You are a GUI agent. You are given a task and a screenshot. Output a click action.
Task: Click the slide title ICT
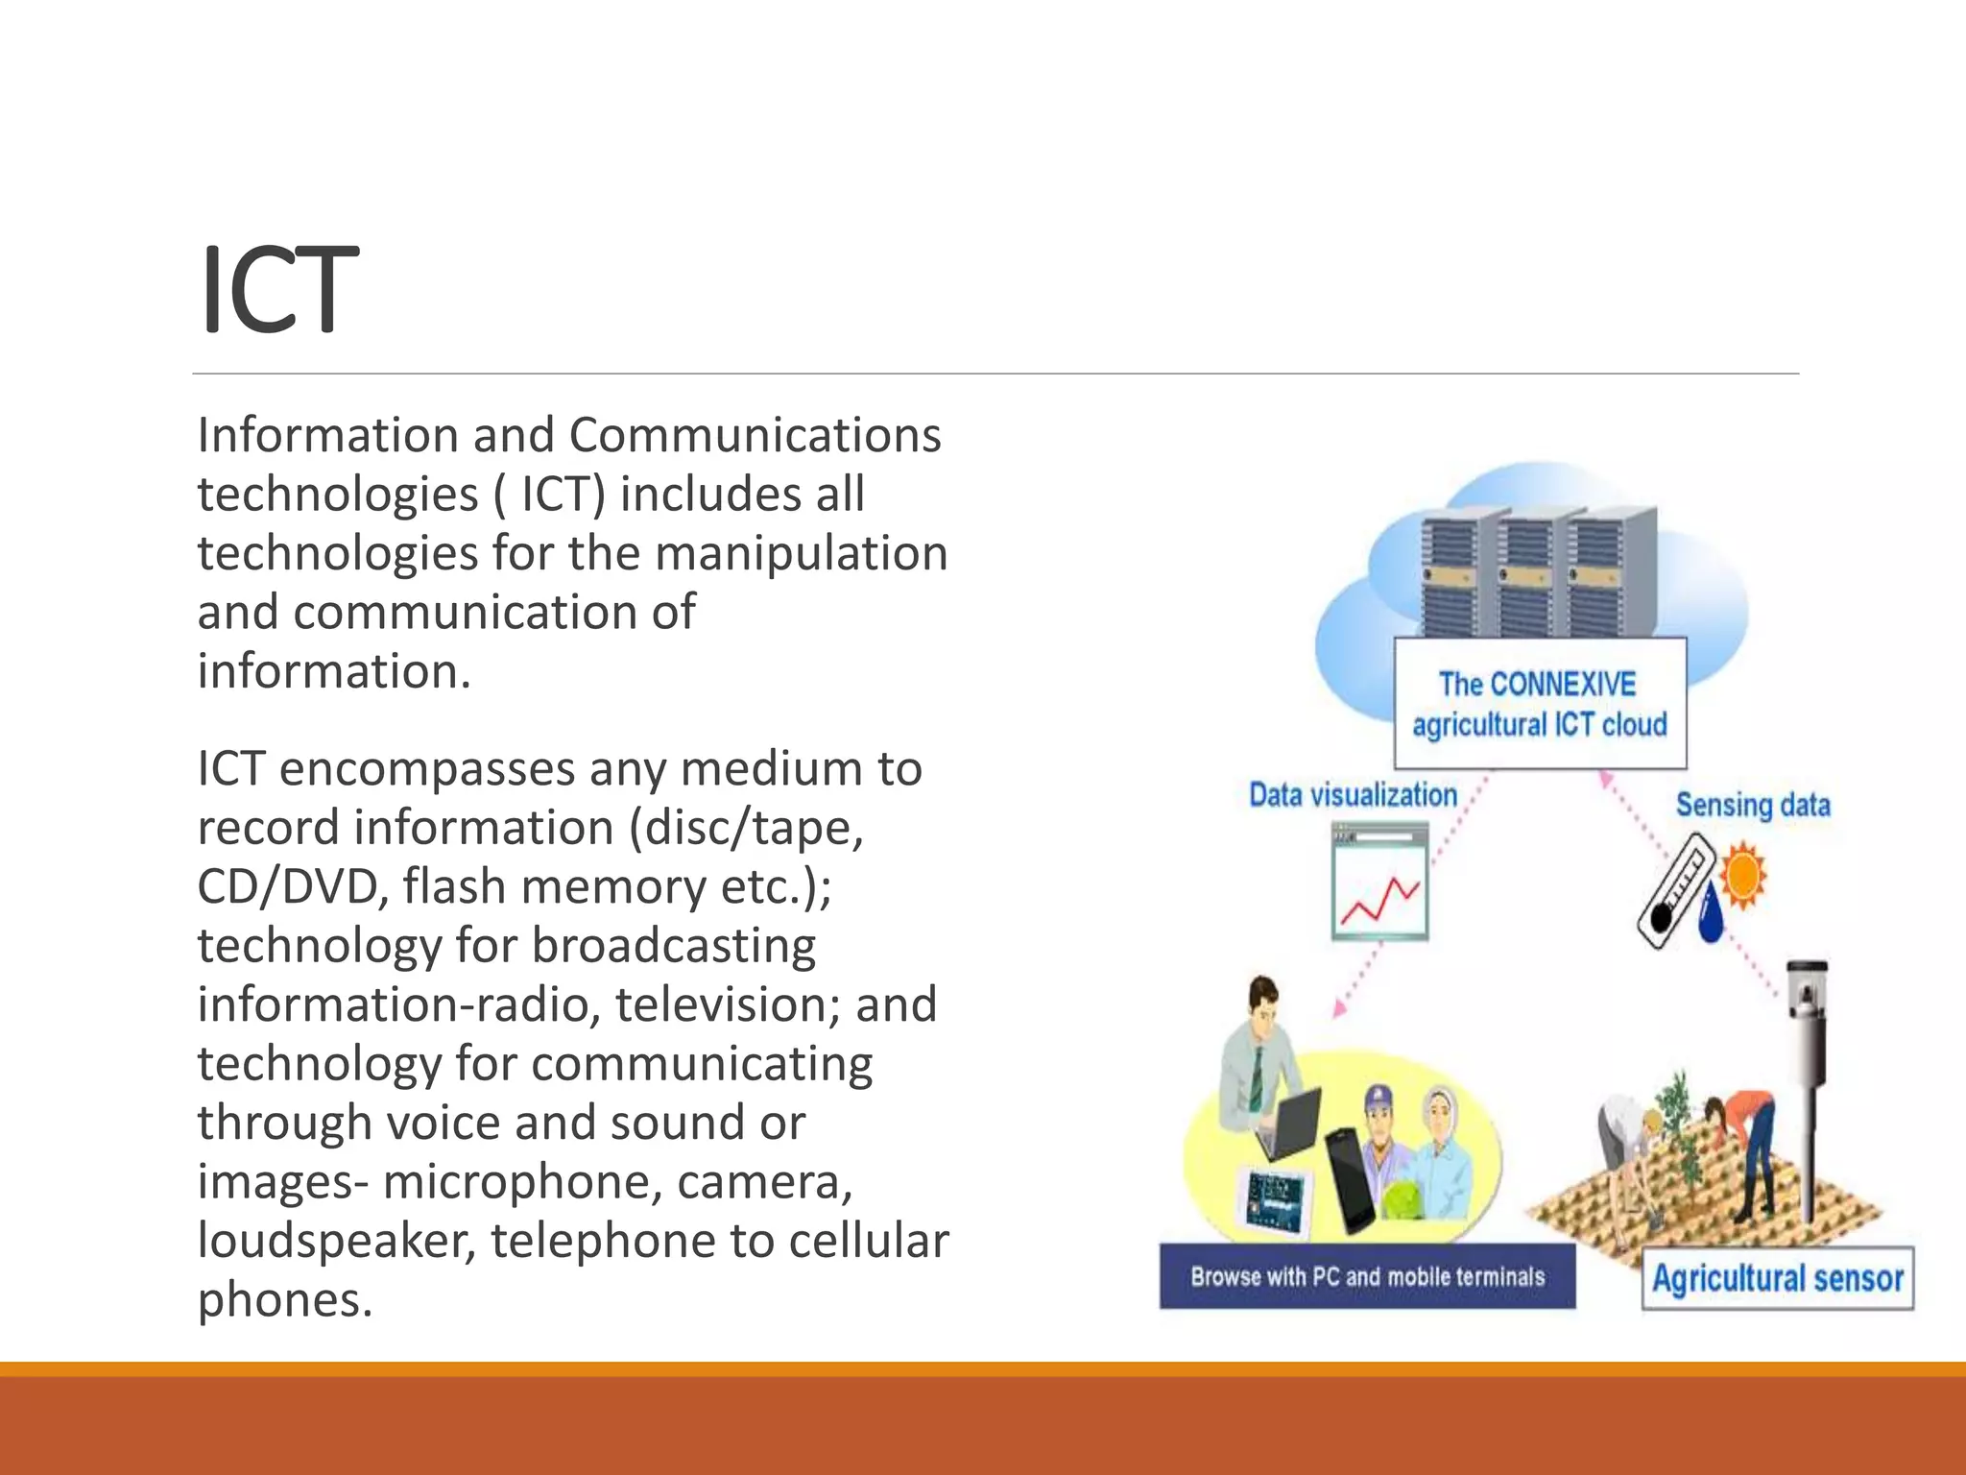[278, 290]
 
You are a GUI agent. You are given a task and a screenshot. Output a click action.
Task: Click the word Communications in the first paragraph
[755, 435]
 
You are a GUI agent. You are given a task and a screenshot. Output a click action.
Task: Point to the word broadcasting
[673, 946]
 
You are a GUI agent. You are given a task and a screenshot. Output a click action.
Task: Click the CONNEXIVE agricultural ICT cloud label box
[1539, 704]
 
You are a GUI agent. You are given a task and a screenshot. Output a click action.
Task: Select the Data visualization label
[1352, 795]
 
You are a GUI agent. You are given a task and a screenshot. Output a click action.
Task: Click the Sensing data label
[1752, 805]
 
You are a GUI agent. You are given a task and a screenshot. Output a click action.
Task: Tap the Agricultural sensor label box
[1777, 1278]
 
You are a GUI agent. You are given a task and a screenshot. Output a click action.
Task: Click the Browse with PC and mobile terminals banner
[1367, 1276]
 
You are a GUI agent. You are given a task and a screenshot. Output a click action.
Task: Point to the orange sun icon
[1742, 875]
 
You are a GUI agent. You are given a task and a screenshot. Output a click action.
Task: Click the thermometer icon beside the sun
[1675, 890]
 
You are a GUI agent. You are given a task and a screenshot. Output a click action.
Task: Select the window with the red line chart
[1379, 883]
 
